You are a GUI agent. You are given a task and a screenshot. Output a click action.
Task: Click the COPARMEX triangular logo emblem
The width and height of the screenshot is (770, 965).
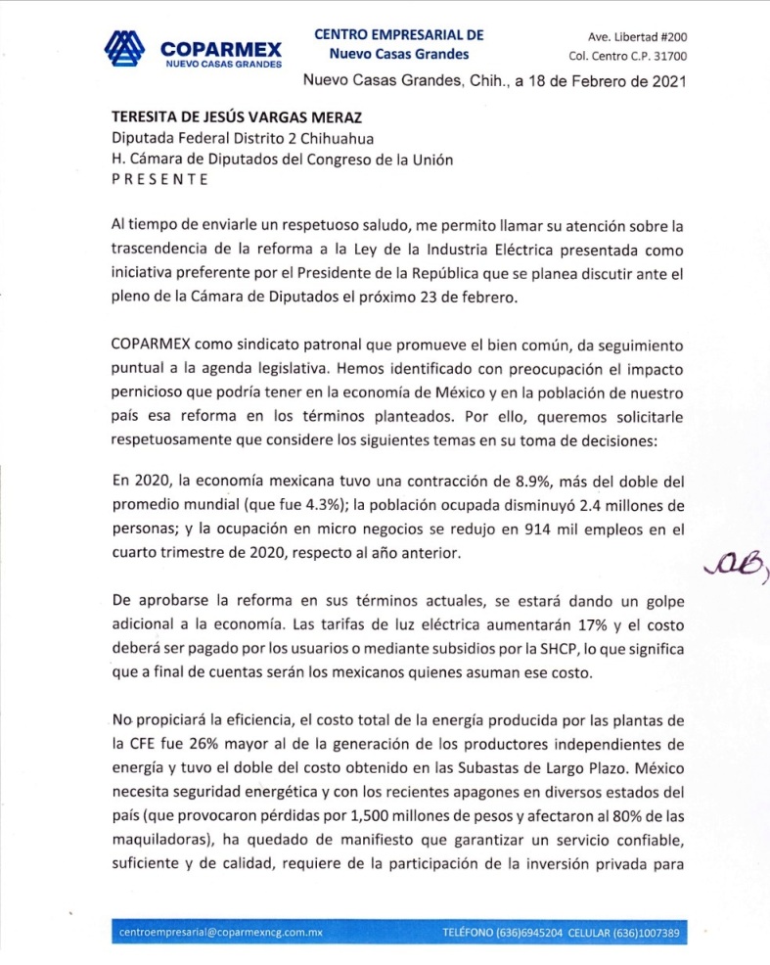(124, 49)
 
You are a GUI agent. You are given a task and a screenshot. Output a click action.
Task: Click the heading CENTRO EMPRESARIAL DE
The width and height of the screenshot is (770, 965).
(399, 34)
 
